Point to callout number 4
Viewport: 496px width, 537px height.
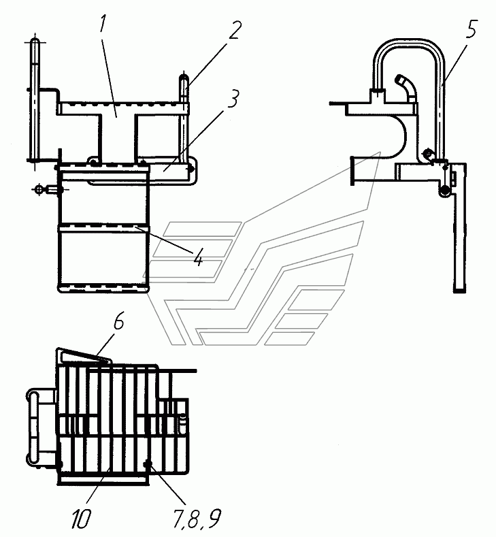[199, 257]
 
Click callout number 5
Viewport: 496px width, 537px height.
[471, 29]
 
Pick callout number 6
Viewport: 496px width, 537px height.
[119, 321]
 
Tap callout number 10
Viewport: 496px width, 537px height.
[81, 519]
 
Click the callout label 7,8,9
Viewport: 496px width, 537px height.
[197, 519]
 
